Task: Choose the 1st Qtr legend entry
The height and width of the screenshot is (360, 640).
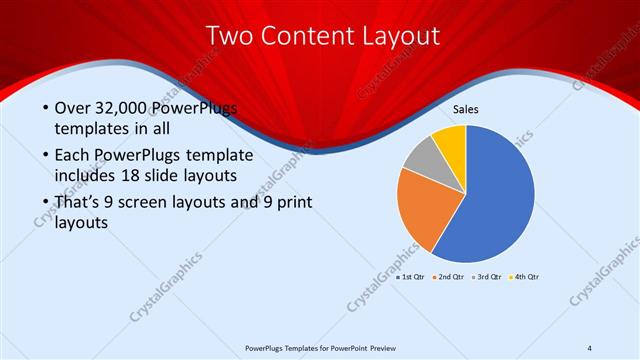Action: [411, 276]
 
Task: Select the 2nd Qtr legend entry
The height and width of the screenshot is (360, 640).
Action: [447, 276]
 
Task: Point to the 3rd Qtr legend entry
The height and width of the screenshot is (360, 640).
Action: [485, 276]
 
